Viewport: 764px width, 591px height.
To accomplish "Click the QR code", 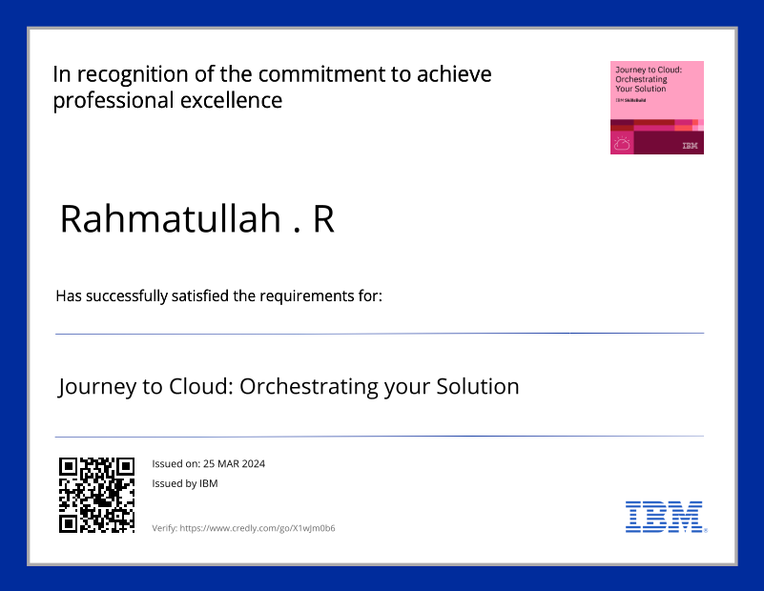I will coord(96,494).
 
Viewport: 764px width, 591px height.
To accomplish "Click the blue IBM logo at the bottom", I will coord(665,517).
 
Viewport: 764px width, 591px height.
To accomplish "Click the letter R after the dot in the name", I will coord(323,219).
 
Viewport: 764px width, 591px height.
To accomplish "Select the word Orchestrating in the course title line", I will coord(308,387).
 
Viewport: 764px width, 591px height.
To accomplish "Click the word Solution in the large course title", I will coord(477,387).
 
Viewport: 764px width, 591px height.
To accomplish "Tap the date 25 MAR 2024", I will coord(234,464).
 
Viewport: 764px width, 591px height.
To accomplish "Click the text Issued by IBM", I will coord(184,483).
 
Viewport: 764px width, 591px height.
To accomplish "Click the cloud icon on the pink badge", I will coord(622,144).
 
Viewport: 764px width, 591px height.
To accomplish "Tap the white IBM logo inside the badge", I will coord(690,146).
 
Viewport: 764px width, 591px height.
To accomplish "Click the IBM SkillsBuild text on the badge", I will coord(632,99).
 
